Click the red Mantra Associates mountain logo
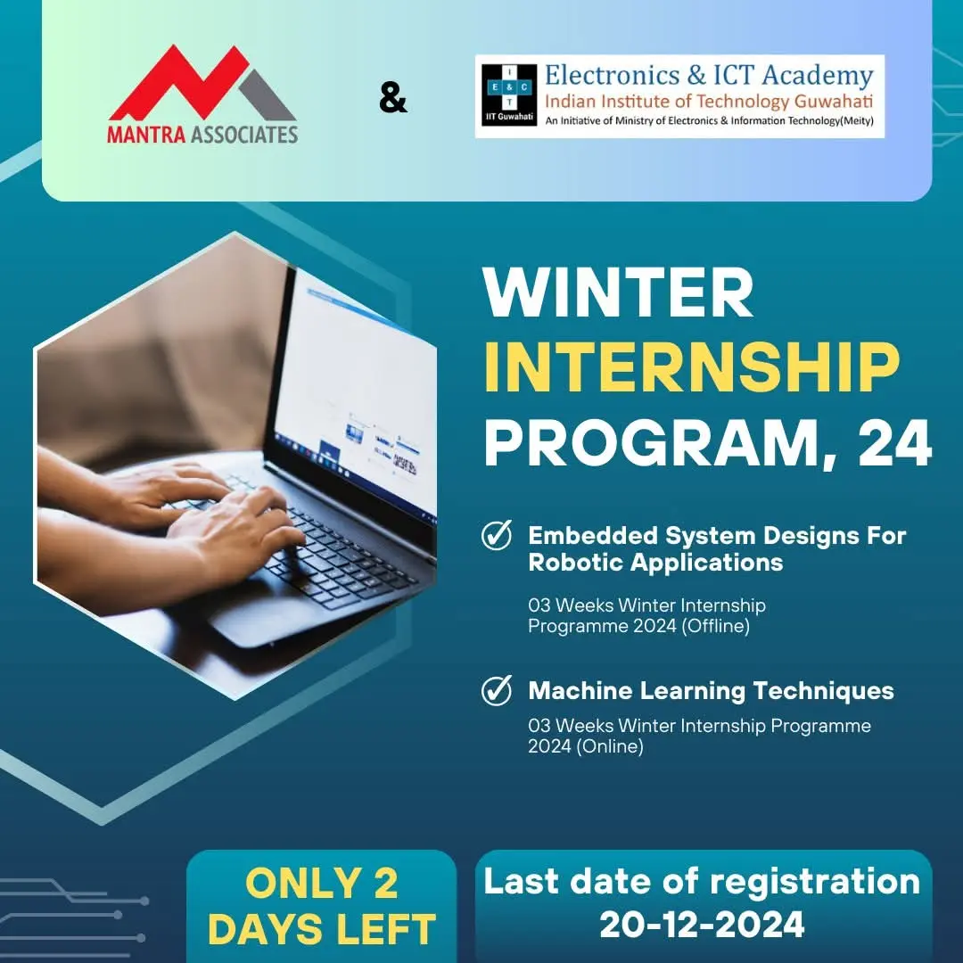[202, 85]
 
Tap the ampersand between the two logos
[392, 99]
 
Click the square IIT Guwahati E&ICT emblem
[506, 95]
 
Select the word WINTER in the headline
[618, 295]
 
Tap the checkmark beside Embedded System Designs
[497, 536]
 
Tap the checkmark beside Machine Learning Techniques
[497, 690]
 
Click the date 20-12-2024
[702, 925]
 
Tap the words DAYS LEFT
[322, 928]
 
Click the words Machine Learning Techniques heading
[711, 690]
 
